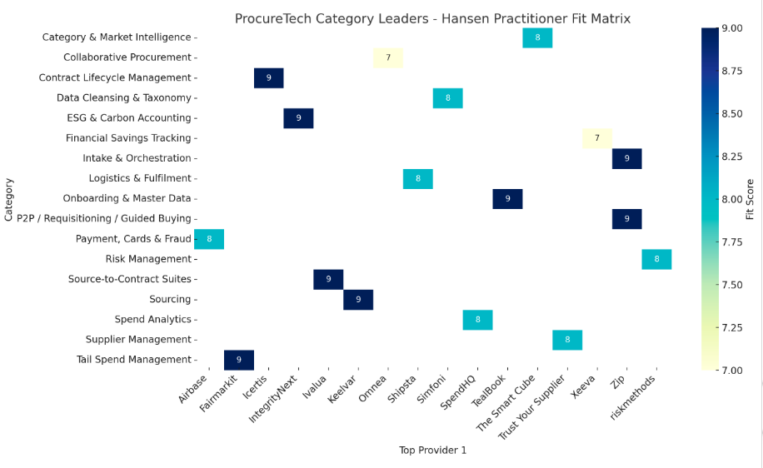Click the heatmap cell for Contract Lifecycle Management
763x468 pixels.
268,77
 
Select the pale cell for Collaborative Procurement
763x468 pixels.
388,57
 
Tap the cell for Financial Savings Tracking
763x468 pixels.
597,138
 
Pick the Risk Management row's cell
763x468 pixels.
656,259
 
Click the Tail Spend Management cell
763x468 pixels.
239,360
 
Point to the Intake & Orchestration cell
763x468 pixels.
626,158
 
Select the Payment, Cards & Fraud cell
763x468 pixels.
209,239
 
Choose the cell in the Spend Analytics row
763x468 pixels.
477,319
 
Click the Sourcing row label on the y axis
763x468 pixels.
170,299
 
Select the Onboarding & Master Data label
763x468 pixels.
127,198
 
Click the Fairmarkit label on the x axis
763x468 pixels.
219,396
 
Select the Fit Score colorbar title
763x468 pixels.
751,199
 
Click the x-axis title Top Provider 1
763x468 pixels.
432,451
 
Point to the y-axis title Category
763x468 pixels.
8,198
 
